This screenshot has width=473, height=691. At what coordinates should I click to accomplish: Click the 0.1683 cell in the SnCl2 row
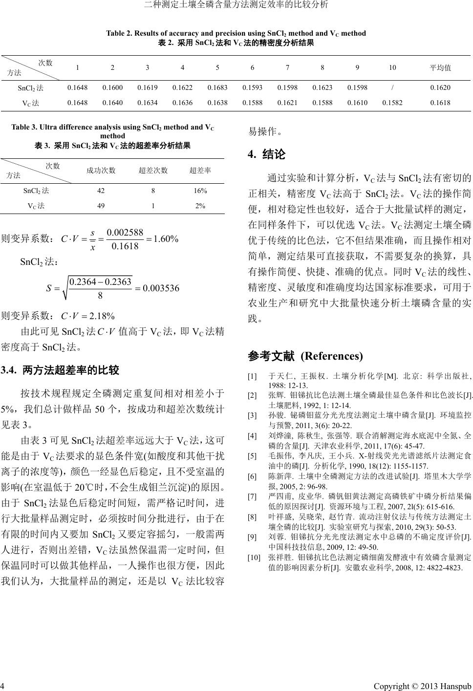coord(217,88)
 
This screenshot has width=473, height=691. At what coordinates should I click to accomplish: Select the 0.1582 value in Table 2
coord(392,103)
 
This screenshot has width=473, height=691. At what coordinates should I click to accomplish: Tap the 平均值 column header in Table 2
coord(440,68)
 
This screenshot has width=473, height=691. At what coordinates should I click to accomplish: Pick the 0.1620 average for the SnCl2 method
coord(440,88)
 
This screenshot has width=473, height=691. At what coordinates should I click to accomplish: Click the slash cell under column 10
coord(392,88)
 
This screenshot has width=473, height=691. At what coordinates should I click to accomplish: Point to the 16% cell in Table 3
coord(200,191)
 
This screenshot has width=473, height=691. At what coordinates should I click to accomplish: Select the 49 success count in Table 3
coord(101,206)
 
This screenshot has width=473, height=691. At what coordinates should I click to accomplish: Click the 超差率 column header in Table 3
coord(200,171)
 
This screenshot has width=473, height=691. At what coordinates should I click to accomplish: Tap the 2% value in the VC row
coord(200,206)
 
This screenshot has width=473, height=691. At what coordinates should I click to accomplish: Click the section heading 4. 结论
coord(267,155)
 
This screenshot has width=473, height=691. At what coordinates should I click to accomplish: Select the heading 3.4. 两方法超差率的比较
coord(61,370)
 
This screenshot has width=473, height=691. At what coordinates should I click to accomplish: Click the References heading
coord(305,356)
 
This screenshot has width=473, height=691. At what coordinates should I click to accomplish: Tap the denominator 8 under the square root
coord(100,295)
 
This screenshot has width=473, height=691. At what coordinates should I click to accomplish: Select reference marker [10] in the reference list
coord(254,557)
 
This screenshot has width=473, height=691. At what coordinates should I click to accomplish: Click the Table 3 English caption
coord(112,131)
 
